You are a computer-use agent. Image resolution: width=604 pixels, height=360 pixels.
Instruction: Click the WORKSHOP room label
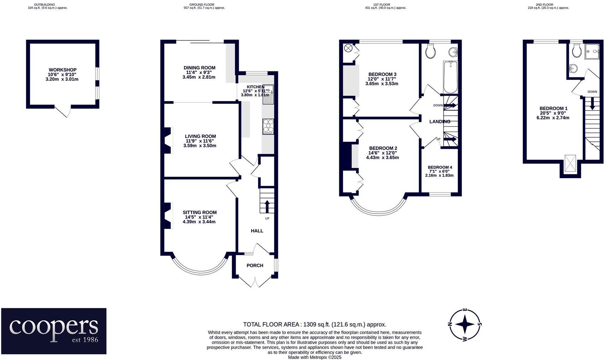62,70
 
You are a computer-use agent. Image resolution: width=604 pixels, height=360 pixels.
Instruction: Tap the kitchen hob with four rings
268,127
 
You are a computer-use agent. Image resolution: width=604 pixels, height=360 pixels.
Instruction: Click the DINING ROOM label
199,68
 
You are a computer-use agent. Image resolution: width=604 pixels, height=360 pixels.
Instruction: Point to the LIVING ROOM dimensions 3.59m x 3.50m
200,146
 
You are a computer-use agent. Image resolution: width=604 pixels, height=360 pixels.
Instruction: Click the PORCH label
255,266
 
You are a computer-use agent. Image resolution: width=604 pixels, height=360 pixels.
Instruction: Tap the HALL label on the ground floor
257,231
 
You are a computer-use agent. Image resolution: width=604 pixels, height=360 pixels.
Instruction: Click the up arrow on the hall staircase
267,206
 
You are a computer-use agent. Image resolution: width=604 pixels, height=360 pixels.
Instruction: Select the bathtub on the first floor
450,77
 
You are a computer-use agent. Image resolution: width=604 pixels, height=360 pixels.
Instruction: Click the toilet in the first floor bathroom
431,52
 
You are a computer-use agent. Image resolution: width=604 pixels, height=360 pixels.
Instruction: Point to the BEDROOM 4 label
440,167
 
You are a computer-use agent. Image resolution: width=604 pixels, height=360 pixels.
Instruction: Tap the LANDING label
440,122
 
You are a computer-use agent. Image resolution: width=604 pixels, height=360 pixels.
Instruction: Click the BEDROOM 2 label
383,148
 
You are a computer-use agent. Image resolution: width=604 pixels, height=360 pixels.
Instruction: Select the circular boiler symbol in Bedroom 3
348,48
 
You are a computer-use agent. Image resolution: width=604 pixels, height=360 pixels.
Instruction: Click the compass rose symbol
465,324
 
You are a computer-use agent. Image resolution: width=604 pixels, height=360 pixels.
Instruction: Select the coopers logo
54,331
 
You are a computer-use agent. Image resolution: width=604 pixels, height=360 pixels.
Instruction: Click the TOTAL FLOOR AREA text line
315,324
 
